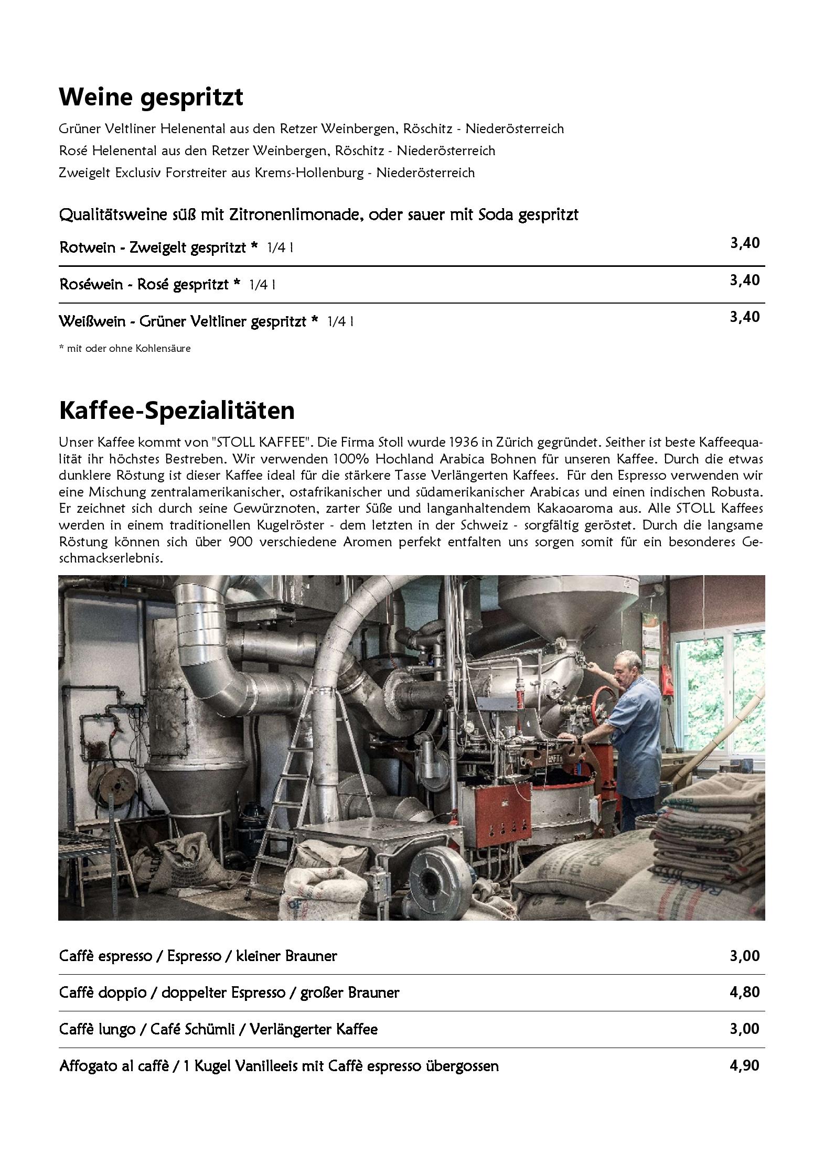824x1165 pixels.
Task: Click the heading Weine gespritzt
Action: click(x=151, y=97)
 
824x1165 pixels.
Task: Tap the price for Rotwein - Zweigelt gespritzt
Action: click(x=744, y=243)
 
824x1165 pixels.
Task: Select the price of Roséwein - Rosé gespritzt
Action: click(x=744, y=280)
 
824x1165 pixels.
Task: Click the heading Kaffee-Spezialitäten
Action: click(x=177, y=411)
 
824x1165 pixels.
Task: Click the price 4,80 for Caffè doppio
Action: click(x=744, y=992)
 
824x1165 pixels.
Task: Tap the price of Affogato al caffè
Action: click(x=744, y=1065)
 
